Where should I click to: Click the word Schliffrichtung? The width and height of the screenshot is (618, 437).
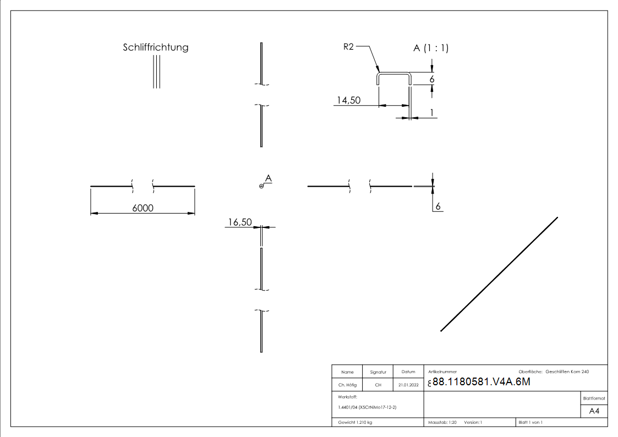pyautogui.click(x=155, y=47)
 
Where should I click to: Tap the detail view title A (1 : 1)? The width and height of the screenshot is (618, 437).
pyautogui.click(x=431, y=48)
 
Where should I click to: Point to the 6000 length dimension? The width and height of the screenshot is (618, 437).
pyautogui.click(x=142, y=207)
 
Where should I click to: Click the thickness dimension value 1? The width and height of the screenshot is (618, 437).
pyautogui.click(x=432, y=112)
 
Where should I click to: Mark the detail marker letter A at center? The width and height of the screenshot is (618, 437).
pyautogui.click(x=268, y=178)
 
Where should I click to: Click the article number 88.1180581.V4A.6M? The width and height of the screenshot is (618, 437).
pyautogui.click(x=481, y=383)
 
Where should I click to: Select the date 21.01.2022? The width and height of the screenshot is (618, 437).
pyautogui.click(x=408, y=385)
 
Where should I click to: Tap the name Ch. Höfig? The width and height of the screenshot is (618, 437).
pyautogui.click(x=347, y=385)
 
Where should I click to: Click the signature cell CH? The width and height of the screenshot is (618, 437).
pyautogui.click(x=378, y=385)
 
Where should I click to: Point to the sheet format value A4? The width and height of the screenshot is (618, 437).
pyautogui.click(x=594, y=411)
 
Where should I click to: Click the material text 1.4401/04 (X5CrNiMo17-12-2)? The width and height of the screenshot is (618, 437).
pyautogui.click(x=367, y=407)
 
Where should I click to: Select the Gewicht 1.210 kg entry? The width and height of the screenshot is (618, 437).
pyautogui.click(x=356, y=422)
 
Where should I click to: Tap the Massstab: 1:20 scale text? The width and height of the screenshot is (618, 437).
pyautogui.click(x=442, y=422)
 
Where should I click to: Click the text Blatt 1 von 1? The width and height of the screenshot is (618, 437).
pyautogui.click(x=531, y=422)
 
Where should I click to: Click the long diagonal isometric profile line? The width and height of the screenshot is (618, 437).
pyautogui.click(x=499, y=274)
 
